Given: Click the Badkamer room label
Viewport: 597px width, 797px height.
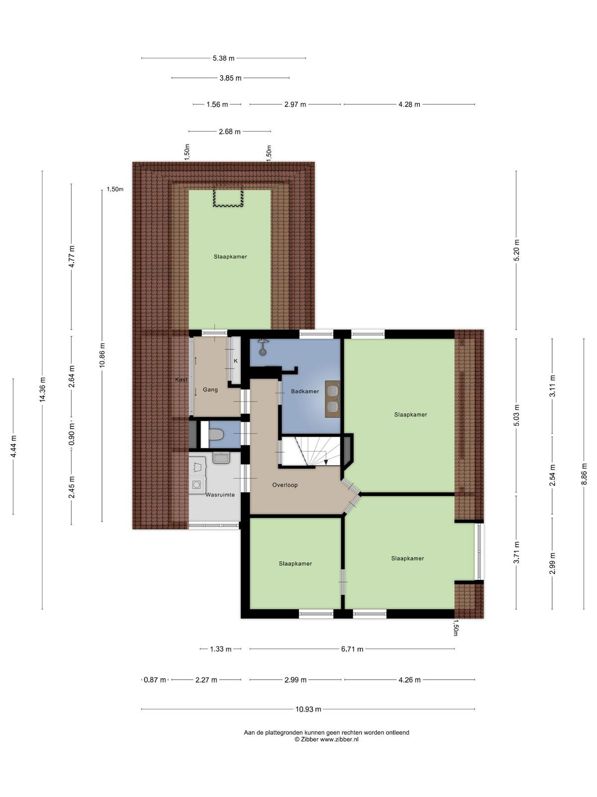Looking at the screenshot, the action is point(305,392).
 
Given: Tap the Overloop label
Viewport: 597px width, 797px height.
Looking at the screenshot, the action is point(285,485).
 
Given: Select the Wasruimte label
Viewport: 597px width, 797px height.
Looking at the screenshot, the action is point(220,495).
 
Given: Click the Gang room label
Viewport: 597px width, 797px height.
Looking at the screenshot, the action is point(210,390).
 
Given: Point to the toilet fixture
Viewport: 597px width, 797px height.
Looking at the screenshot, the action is point(217,434).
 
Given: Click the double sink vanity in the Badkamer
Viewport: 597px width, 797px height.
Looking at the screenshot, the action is point(332,398).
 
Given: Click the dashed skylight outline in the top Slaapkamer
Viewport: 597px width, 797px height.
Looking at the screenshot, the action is point(228,198).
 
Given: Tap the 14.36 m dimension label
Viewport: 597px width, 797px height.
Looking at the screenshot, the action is point(42,390).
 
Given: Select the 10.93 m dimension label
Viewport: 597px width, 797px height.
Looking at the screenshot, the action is point(308,709).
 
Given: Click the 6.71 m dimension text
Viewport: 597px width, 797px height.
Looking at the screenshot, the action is point(352,649).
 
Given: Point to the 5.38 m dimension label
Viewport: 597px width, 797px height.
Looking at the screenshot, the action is point(223,58).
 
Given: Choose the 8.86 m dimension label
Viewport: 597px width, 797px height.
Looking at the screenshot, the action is point(584,474).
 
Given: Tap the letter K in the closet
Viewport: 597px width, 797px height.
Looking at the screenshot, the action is point(236,361).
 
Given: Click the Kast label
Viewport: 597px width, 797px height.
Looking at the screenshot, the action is point(182,380).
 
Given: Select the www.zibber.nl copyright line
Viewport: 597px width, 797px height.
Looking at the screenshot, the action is point(326,739).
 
